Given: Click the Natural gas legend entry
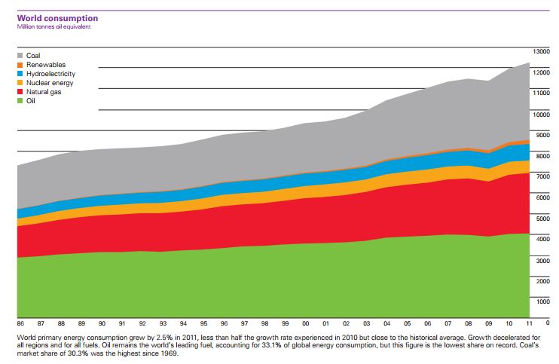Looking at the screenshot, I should (x=43, y=92).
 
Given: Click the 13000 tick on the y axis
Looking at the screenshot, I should (x=541, y=51).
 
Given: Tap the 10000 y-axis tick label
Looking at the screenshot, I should (x=541, y=115).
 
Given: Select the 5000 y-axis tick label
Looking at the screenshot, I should (x=542, y=218).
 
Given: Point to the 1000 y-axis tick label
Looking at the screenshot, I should (x=542, y=301).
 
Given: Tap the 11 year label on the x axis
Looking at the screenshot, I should (x=530, y=322).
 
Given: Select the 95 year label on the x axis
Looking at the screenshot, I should (x=203, y=322).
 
